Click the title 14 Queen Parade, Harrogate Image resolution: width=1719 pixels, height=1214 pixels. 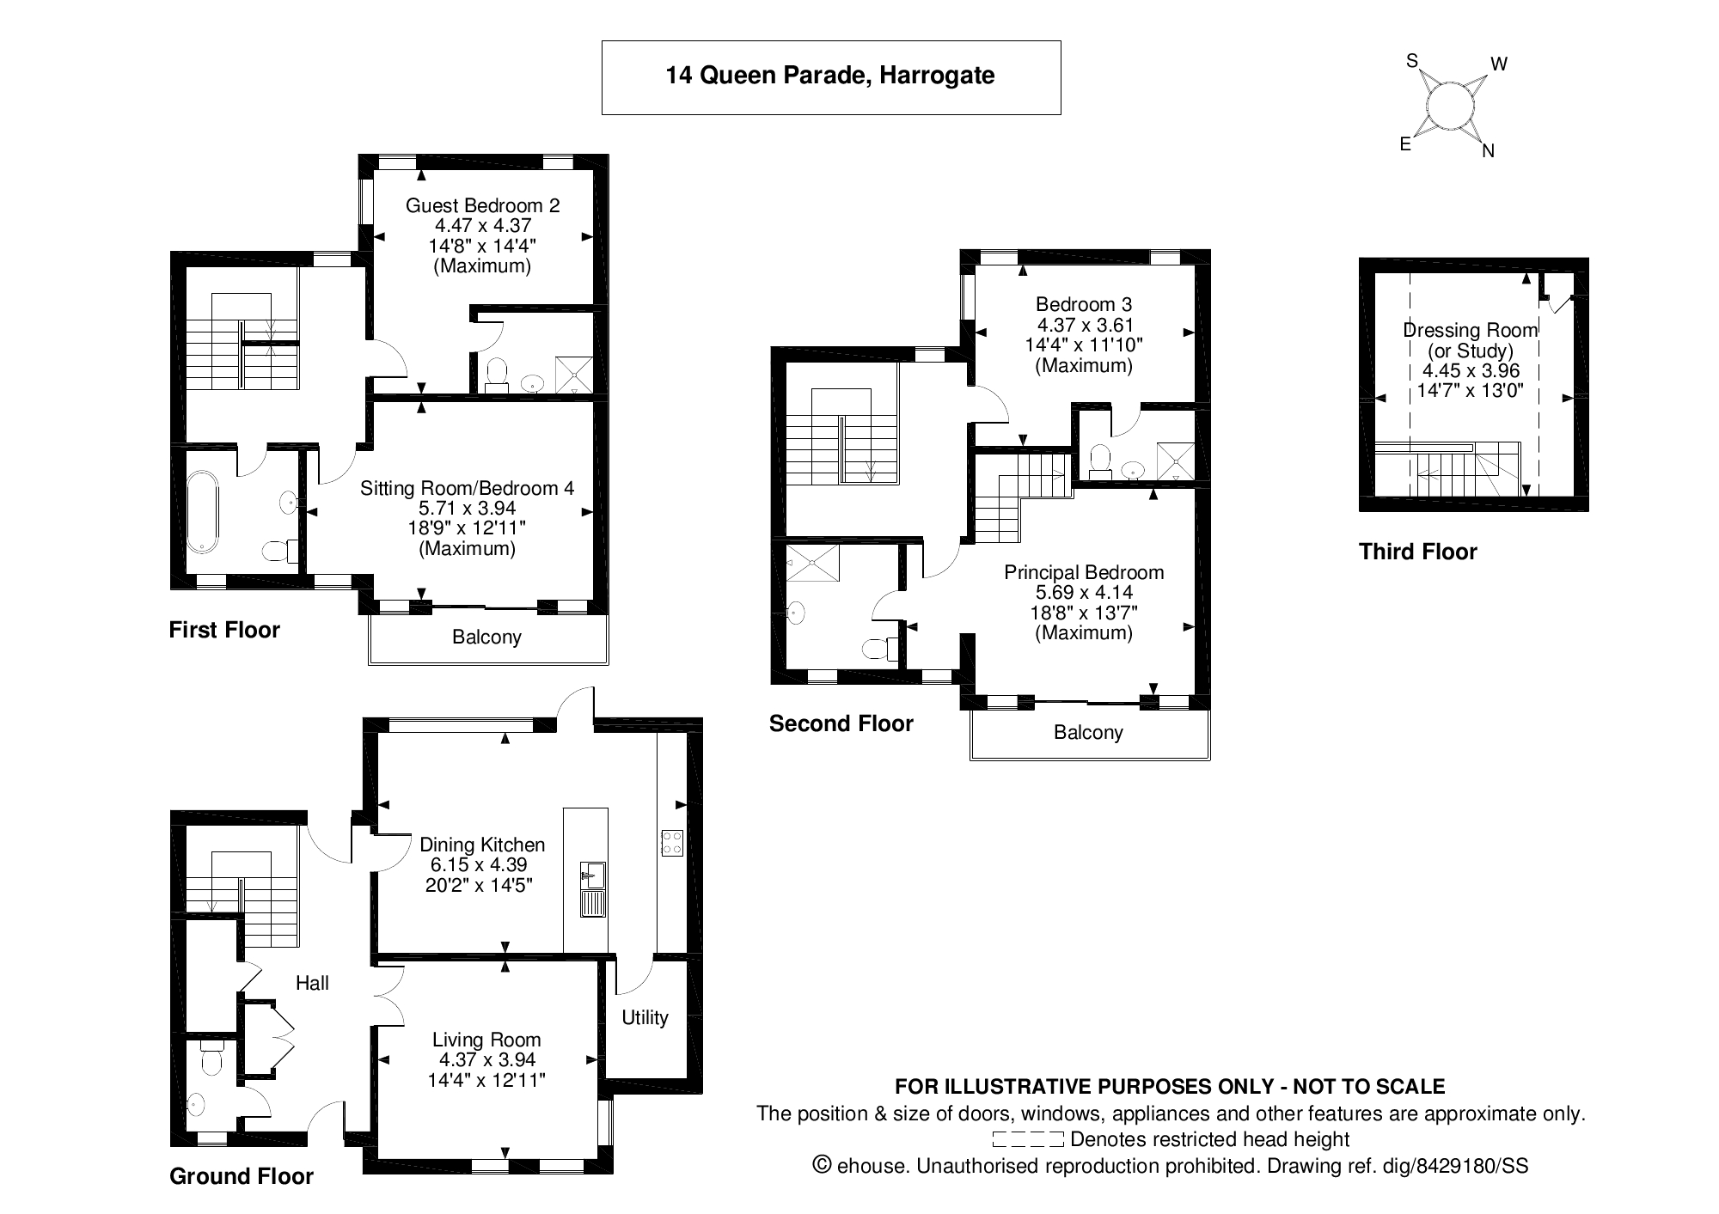pyautogui.click(x=830, y=76)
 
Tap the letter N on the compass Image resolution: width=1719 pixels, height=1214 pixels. pyautogui.click(x=1489, y=151)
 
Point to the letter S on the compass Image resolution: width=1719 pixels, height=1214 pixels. pyautogui.click(x=1411, y=60)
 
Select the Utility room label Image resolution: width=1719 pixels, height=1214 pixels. pyautogui.click(x=645, y=1018)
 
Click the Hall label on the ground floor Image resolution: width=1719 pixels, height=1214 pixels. pyautogui.click(x=312, y=983)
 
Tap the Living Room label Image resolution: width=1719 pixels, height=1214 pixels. pyautogui.click(x=486, y=1040)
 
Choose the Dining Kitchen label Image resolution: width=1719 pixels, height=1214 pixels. pyautogui.click(x=482, y=845)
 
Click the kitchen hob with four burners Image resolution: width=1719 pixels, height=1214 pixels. pyautogui.click(x=671, y=842)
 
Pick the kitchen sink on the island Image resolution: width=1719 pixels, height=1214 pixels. pyautogui.click(x=593, y=889)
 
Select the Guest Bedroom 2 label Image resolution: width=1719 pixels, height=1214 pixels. pyautogui.click(x=482, y=205)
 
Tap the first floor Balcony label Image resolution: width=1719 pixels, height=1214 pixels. pyautogui.click(x=486, y=638)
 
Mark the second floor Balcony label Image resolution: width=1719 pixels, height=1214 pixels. pyautogui.click(x=1088, y=733)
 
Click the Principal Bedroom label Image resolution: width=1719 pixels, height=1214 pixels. pyautogui.click(x=1084, y=572)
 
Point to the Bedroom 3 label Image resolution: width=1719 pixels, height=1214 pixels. pyautogui.click(x=1084, y=304)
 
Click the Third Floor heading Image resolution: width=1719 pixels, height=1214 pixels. pyautogui.click(x=1418, y=552)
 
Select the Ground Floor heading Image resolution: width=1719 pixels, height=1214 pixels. pyautogui.click(x=242, y=1176)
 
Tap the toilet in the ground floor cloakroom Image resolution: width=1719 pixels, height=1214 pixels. pyautogui.click(x=210, y=1058)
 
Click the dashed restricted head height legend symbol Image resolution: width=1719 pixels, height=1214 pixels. pyautogui.click(x=1029, y=1140)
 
